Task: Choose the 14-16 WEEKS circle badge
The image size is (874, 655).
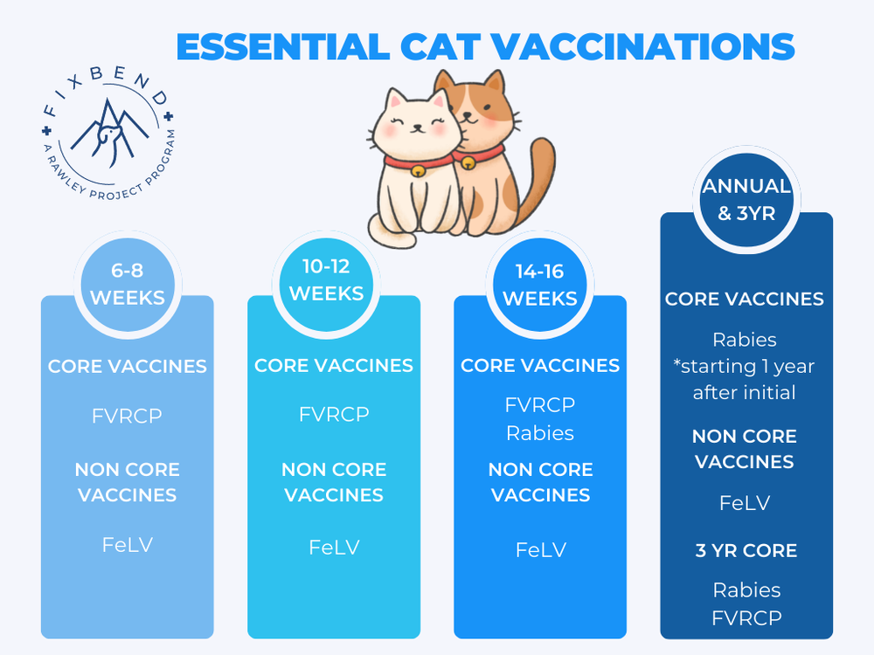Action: (x=539, y=285)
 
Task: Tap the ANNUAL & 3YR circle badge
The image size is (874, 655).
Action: (x=746, y=199)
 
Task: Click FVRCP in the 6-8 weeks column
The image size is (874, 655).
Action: (x=128, y=416)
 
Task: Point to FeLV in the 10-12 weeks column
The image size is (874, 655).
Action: (x=334, y=548)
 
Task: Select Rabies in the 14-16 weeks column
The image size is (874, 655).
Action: (x=540, y=433)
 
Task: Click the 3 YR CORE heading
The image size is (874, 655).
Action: (x=746, y=551)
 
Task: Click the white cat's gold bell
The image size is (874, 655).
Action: (x=420, y=172)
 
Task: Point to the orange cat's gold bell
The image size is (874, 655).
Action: (x=468, y=163)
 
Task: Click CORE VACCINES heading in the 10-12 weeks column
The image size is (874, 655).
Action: (x=334, y=365)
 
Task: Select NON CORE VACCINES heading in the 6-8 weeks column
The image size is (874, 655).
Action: (x=128, y=482)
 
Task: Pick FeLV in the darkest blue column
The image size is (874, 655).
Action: (x=745, y=503)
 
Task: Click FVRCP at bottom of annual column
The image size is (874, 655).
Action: (x=746, y=617)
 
